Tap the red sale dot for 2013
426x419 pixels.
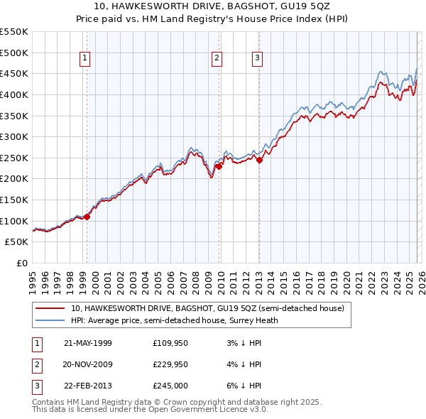point(259,160)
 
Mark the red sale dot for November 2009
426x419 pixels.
point(219,166)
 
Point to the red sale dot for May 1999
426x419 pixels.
point(87,217)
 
